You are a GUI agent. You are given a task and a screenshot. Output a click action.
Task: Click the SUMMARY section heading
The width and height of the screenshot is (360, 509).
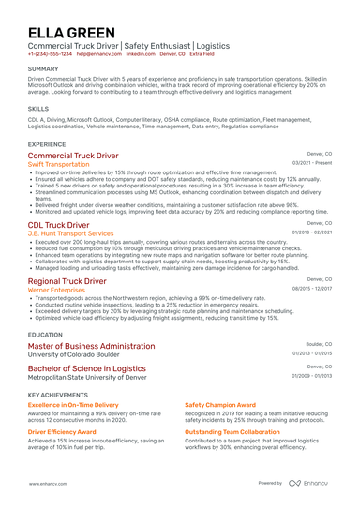pyautogui.click(x=43, y=69)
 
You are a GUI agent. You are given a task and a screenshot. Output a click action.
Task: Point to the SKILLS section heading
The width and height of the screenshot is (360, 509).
pyautogui.click(x=38, y=109)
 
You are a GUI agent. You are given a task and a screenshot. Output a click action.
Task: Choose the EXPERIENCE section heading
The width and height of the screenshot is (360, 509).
pyautogui.click(x=47, y=144)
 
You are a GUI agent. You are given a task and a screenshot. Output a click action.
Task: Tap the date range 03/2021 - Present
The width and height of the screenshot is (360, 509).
pyautogui.click(x=312, y=163)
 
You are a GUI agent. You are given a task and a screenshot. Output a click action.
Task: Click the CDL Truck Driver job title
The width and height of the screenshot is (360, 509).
pyautogui.click(x=58, y=225)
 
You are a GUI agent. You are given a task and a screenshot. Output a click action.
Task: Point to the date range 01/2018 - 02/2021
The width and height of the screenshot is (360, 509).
pyautogui.click(x=312, y=232)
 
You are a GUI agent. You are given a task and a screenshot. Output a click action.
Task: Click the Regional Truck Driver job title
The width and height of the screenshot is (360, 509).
pyautogui.click(x=67, y=281)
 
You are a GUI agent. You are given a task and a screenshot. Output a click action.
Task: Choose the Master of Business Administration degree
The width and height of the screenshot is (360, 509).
pyautogui.click(x=91, y=346)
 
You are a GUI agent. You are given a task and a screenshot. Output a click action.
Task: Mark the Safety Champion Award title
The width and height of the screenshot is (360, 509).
pyautogui.click(x=220, y=404)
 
